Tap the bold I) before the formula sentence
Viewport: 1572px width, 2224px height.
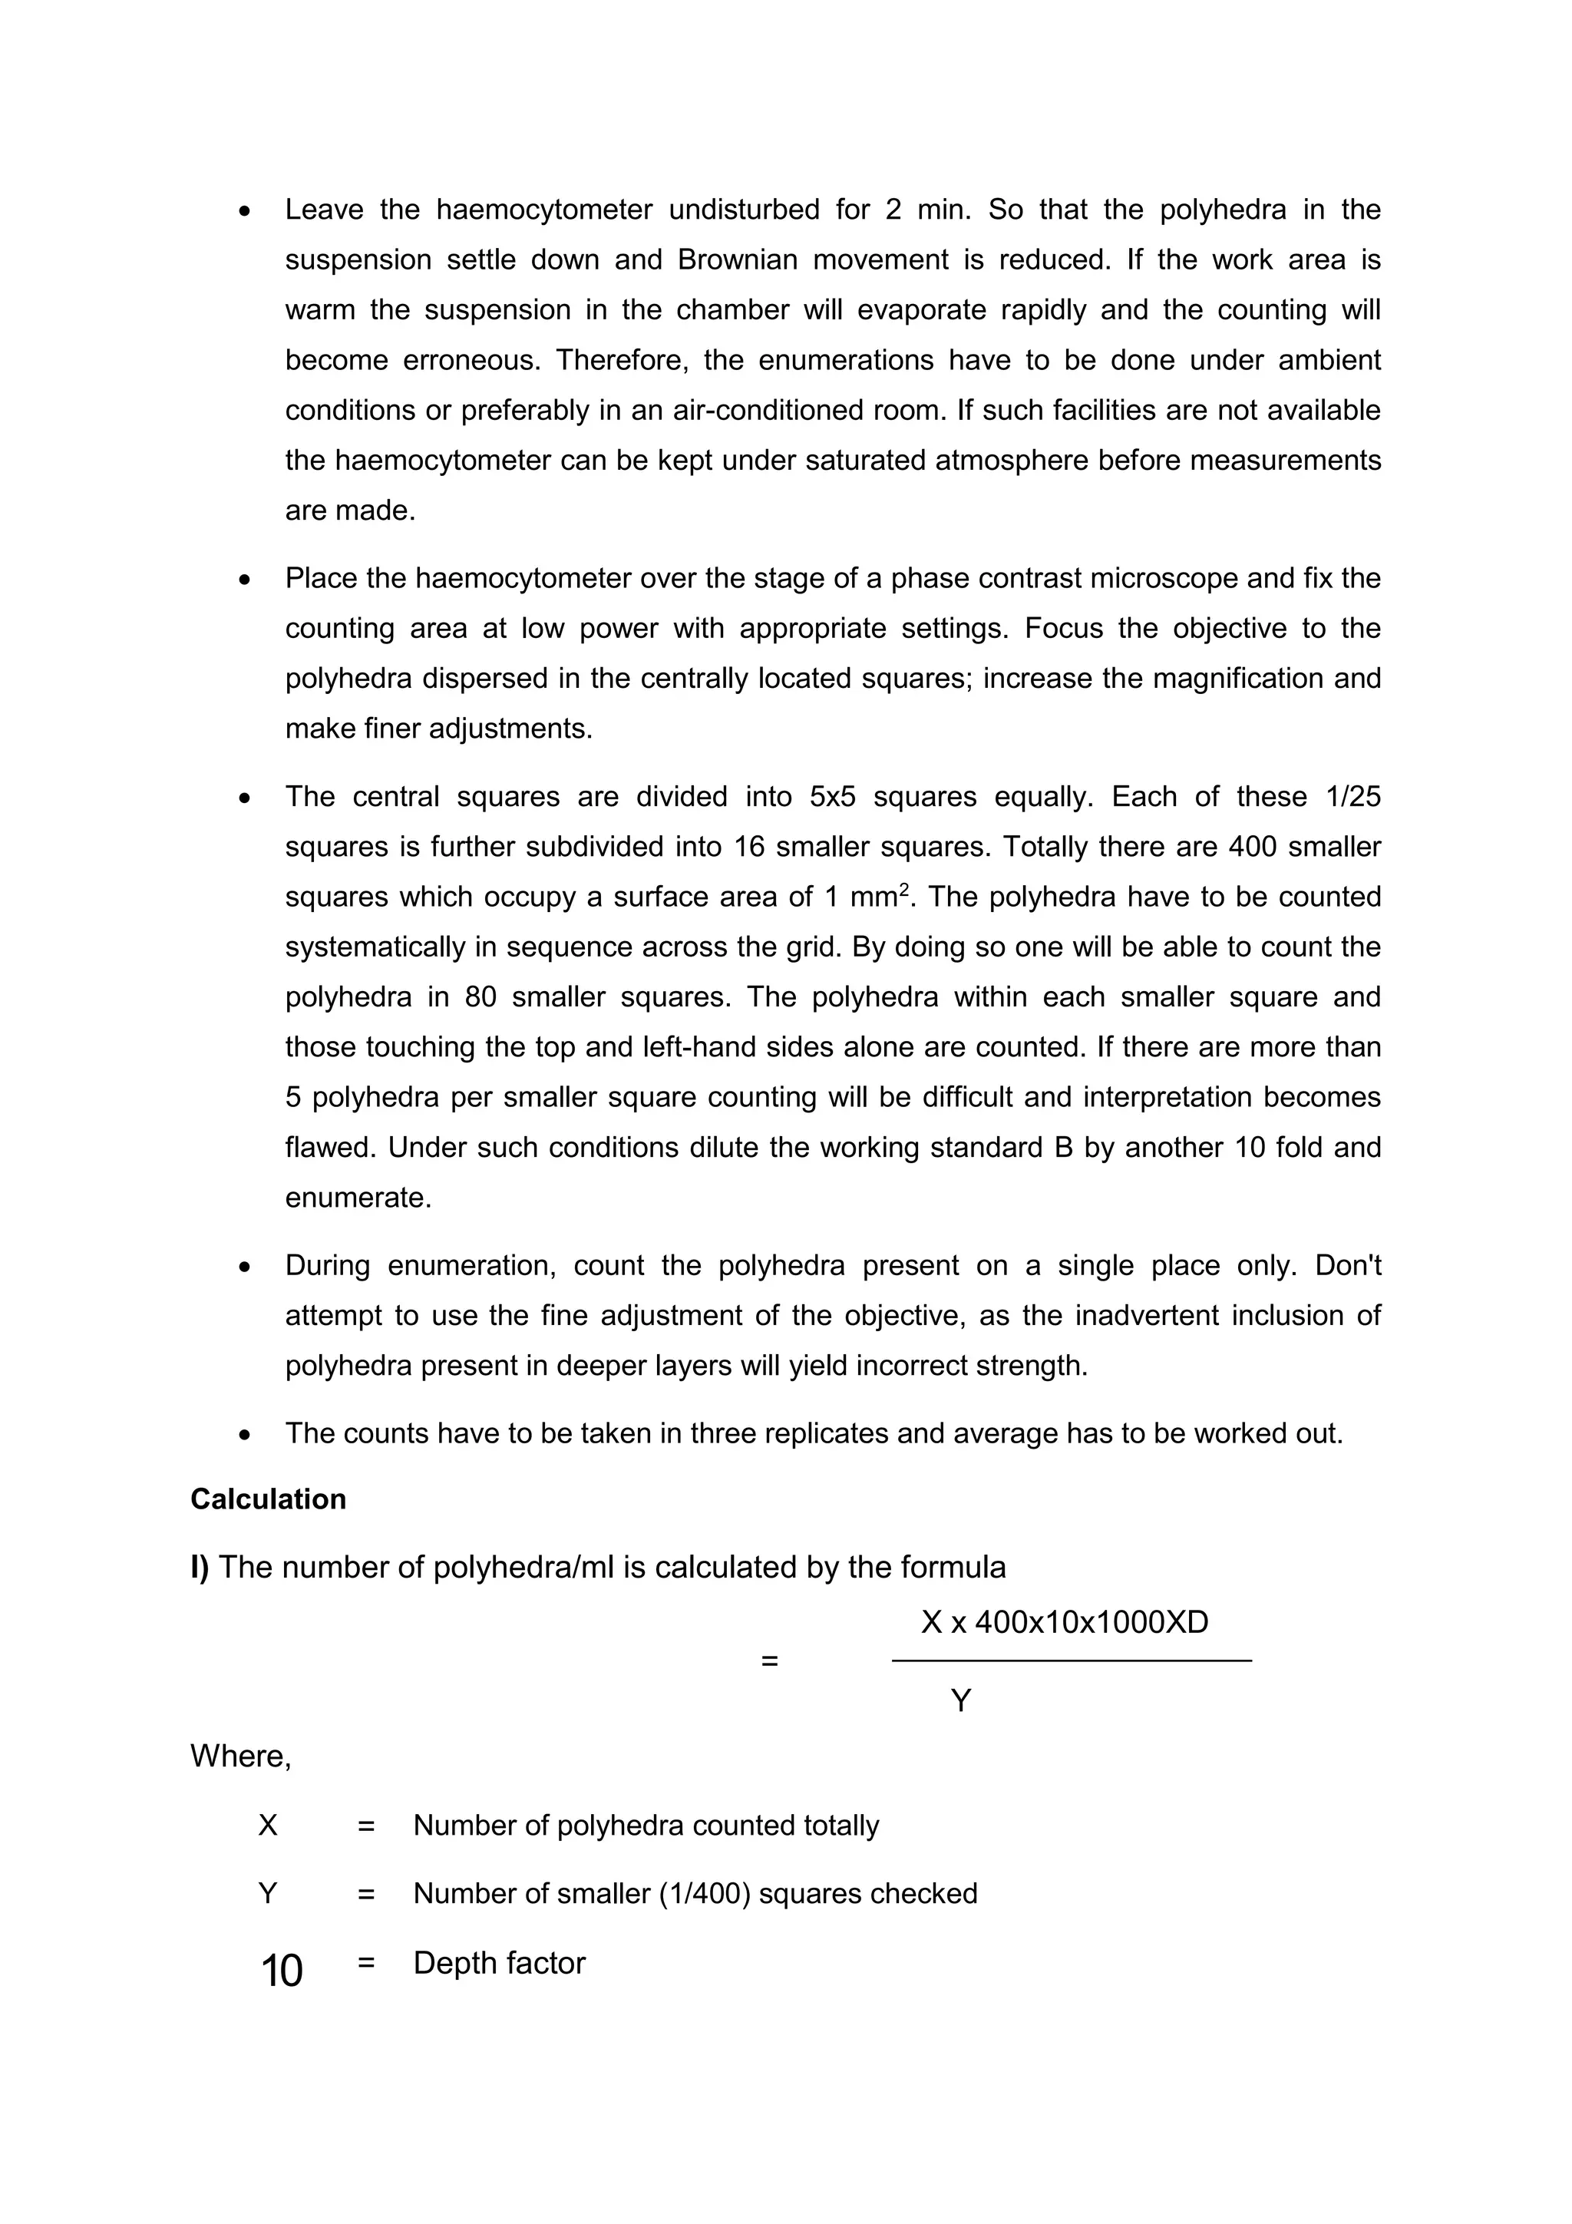pyautogui.click(x=200, y=1568)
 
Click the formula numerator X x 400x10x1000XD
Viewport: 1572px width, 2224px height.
pyautogui.click(x=1065, y=1622)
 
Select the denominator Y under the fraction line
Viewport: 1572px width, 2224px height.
pyautogui.click(x=960, y=1701)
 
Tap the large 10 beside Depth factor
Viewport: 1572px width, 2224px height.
pyautogui.click(x=281, y=1971)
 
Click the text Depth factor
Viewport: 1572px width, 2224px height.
pyautogui.click(x=499, y=1964)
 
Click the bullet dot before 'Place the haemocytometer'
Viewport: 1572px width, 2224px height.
pyautogui.click(x=245, y=580)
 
